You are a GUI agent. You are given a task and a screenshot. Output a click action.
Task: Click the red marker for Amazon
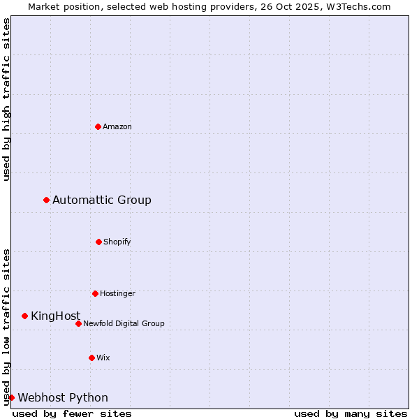click(98, 126)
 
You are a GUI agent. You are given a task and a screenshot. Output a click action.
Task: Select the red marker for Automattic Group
click(47, 200)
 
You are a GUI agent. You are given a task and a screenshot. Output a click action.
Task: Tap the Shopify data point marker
click(98, 242)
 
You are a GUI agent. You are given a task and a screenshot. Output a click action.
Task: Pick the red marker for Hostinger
click(95, 293)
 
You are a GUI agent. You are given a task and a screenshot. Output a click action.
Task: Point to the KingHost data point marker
click(25, 316)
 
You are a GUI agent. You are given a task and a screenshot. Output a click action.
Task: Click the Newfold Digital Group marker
click(78, 323)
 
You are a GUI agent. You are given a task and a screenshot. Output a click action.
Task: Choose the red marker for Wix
click(91, 358)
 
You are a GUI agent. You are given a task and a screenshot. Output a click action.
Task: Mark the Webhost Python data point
click(11, 398)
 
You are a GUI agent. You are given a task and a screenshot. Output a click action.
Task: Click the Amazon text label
click(117, 126)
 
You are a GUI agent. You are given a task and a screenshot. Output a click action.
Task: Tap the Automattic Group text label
click(102, 200)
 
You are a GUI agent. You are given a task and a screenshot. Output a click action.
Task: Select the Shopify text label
click(117, 242)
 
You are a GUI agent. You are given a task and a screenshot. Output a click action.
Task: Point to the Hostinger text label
click(117, 293)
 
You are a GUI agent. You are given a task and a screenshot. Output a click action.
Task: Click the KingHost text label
click(56, 316)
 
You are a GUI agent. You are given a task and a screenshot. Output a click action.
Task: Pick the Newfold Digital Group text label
click(124, 323)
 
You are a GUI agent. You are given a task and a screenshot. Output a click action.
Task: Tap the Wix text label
click(103, 358)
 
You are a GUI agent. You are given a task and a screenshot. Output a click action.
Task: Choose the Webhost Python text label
click(63, 398)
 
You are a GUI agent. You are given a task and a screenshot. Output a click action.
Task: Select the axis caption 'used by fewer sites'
click(72, 413)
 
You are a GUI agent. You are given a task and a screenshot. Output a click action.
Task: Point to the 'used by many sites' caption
click(351, 413)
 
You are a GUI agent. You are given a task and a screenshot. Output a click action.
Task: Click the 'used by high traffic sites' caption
click(6, 99)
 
